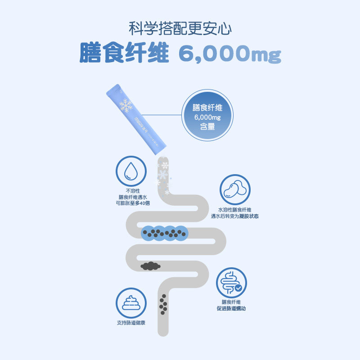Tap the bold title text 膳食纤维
[x=124, y=53]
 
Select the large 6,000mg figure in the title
[x=229, y=54]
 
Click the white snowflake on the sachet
[x=126, y=105]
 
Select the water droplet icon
[x=131, y=171]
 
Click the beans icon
[x=235, y=189]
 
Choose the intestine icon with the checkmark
[x=232, y=283]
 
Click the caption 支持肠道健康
[x=131, y=323]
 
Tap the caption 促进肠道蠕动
[x=231, y=309]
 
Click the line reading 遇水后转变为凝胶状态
[x=235, y=216]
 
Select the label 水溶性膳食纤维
[x=235, y=210]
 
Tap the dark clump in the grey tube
[x=151, y=266]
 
